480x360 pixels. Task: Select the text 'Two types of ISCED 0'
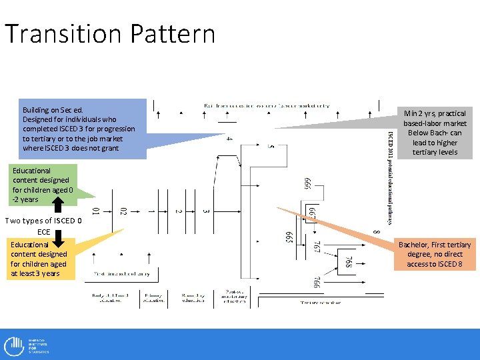tap(43, 221)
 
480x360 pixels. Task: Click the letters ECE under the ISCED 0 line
tap(43, 231)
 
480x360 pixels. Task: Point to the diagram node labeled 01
tap(96, 212)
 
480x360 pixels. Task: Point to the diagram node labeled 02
tap(124, 212)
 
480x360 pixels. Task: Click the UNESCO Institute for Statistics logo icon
tap(14, 346)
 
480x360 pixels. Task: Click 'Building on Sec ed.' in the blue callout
tap(53, 109)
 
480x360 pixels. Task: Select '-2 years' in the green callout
tap(26, 199)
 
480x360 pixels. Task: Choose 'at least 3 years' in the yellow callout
tap(35, 273)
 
